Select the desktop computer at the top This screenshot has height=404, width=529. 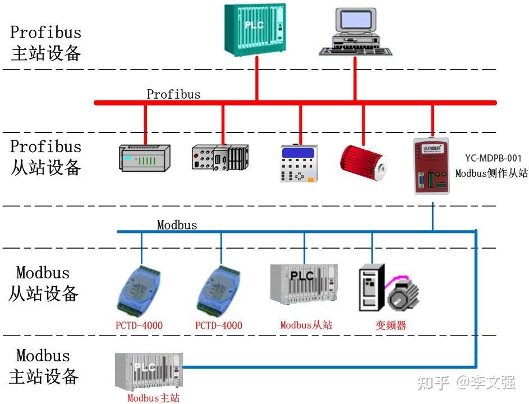(356, 32)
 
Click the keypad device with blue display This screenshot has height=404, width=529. (299, 163)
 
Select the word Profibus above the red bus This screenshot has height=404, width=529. (173, 94)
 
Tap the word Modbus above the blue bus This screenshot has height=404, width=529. (177, 226)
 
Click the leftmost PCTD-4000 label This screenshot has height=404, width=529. (139, 325)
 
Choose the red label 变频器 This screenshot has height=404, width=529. (390, 325)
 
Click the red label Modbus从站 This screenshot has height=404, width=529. (306, 325)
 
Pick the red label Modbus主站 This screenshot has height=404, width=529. (153, 398)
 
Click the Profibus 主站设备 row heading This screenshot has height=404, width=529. (46, 43)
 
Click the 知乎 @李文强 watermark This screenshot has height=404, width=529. (466, 383)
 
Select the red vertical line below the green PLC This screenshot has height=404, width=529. (257, 79)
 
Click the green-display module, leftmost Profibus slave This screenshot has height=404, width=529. (145, 158)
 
